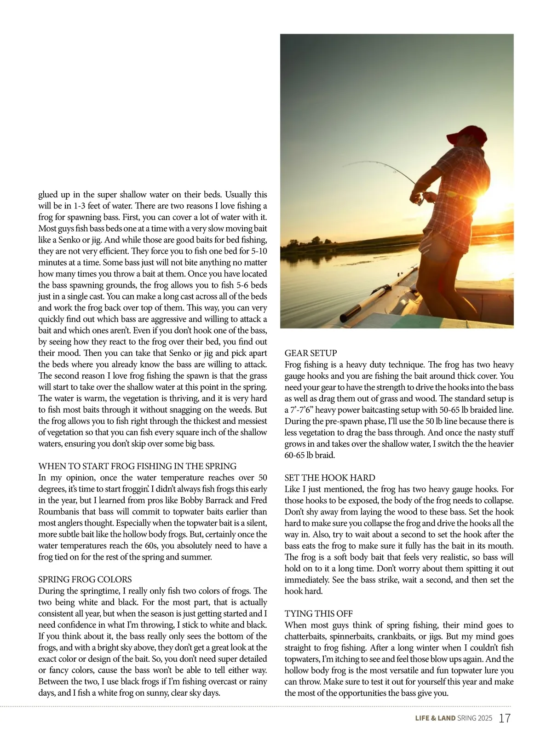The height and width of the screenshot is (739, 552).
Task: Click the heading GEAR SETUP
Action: click(310, 353)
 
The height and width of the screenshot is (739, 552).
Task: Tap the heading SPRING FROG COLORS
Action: click(85, 579)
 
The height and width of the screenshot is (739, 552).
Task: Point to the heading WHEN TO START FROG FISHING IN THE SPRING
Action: click(138, 466)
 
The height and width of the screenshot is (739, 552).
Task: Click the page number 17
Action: click(505, 718)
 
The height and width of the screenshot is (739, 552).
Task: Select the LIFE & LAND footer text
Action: click(435, 718)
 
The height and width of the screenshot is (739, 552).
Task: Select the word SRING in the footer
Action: click(466, 718)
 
